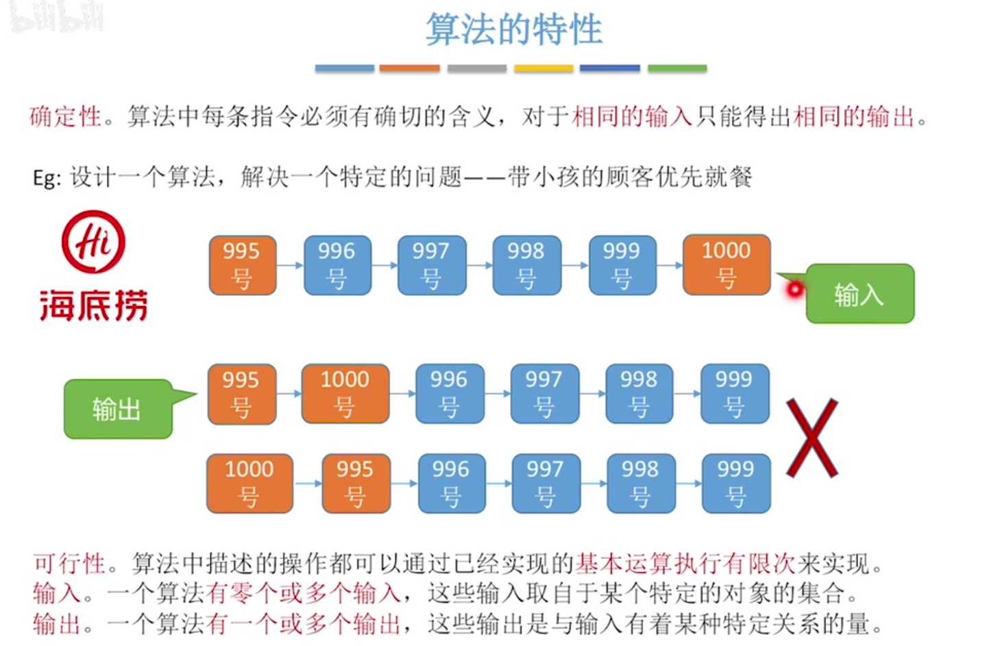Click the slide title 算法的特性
[514, 30]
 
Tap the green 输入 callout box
[860, 294]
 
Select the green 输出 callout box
[117, 409]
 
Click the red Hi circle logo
[94, 242]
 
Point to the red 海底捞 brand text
[94, 306]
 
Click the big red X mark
[812, 438]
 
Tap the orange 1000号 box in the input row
[727, 264]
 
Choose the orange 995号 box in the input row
[243, 265]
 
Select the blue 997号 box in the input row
[431, 265]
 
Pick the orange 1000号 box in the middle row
[345, 393]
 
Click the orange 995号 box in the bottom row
[356, 483]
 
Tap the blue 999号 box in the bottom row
[736, 483]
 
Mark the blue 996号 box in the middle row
[450, 393]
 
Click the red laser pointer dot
[794, 290]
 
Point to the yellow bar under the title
[544, 69]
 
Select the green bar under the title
[677, 69]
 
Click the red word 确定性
[66, 116]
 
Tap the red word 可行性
[69, 564]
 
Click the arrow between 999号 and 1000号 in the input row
[670, 265]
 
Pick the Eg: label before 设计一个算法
[47, 178]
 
